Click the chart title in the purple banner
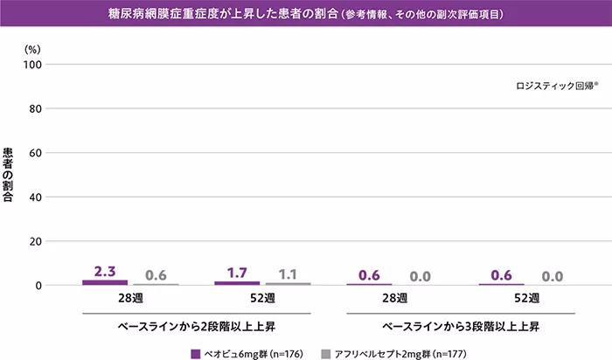pyautogui.click(x=305, y=15)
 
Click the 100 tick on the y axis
pyautogui.click(x=33, y=65)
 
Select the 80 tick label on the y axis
pyautogui.click(x=36, y=109)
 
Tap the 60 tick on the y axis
pyautogui.click(x=36, y=153)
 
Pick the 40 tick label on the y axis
pyautogui.click(x=36, y=197)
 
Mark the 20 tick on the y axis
pyautogui.click(x=36, y=241)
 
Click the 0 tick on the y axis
pyautogui.click(x=39, y=286)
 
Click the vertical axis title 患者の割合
pyautogui.click(x=9, y=176)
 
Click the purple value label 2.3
pyautogui.click(x=105, y=272)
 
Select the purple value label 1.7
pyautogui.click(x=237, y=273)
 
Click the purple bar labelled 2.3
pyautogui.click(x=105, y=282)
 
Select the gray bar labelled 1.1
pyautogui.click(x=289, y=284)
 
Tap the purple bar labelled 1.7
pyautogui.click(x=237, y=283)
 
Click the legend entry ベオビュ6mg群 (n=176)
pyautogui.click(x=250, y=353)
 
